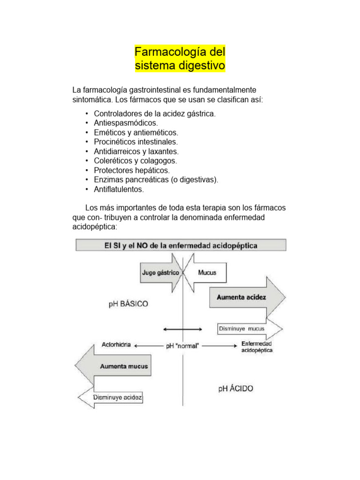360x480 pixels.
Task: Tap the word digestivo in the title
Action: point(202,66)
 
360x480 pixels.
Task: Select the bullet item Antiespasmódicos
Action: point(126,123)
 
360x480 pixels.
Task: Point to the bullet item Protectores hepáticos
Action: point(132,170)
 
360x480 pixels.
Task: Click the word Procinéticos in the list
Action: point(116,142)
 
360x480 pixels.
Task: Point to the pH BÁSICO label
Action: point(128,304)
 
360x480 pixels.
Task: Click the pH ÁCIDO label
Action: point(235,389)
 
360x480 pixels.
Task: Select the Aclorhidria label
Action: point(116,345)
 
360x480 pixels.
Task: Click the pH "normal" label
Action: point(182,346)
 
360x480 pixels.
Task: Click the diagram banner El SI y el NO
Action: point(180,245)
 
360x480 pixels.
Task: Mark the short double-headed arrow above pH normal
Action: point(183,329)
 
